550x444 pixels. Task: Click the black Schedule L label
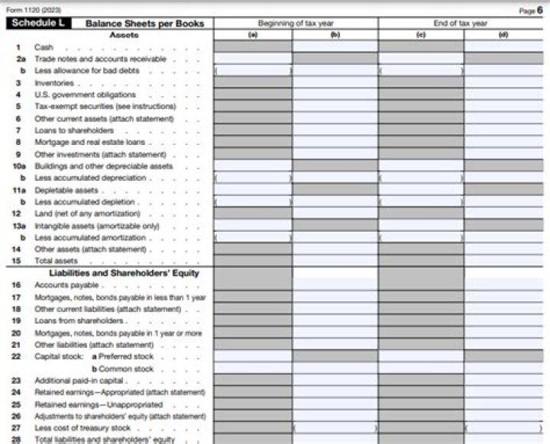(x=38, y=24)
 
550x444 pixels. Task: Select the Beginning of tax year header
(x=295, y=24)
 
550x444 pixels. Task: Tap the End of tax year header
(x=460, y=24)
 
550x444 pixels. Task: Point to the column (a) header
(x=252, y=35)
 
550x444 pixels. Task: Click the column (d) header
(x=503, y=35)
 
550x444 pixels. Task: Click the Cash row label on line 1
(x=44, y=47)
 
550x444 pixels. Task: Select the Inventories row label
(x=54, y=82)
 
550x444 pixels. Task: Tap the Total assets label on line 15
(x=56, y=261)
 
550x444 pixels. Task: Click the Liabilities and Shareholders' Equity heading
(x=124, y=273)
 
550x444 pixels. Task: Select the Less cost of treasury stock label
(x=82, y=428)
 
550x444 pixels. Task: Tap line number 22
(x=17, y=356)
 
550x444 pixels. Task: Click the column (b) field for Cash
(x=335, y=47)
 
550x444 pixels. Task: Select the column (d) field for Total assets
(x=503, y=261)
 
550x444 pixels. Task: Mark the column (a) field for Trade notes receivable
(x=252, y=59)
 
